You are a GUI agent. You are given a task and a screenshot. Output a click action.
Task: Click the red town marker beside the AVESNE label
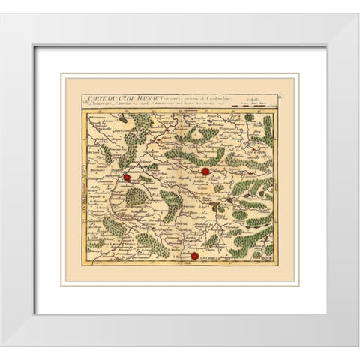(x=205, y=172)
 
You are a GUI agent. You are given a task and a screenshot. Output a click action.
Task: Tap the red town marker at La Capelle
(x=195, y=256)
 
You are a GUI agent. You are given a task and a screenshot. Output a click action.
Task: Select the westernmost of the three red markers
(x=127, y=178)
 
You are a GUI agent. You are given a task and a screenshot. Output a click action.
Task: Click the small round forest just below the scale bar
(x=249, y=117)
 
